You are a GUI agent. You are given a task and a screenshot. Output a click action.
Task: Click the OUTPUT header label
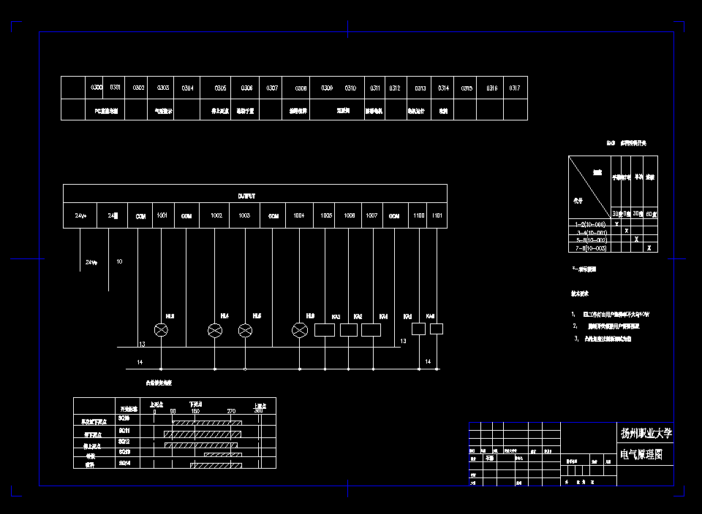click(x=246, y=196)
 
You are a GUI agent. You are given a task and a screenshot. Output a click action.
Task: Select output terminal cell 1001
click(x=162, y=216)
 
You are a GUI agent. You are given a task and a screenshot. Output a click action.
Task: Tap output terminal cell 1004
click(x=298, y=216)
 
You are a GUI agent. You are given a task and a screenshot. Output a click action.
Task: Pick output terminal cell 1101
click(x=437, y=216)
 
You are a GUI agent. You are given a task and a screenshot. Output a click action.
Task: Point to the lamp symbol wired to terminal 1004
click(x=299, y=331)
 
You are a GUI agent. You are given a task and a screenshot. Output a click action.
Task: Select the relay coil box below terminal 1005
click(x=324, y=330)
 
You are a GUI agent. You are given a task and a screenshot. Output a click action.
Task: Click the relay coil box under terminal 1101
click(x=437, y=329)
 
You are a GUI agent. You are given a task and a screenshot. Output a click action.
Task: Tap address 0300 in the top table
click(x=96, y=88)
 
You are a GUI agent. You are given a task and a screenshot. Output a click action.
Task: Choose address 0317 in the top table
click(x=515, y=88)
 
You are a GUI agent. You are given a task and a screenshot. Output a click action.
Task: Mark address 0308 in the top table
click(x=301, y=88)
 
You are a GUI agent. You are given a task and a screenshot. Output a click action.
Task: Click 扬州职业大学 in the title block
click(x=646, y=434)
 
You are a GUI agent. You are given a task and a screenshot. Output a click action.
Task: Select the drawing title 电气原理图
click(x=641, y=455)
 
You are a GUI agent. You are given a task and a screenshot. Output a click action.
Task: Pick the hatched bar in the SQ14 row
click(x=217, y=464)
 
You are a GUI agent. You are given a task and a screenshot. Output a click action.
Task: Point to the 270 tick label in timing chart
click(x=231, y=412)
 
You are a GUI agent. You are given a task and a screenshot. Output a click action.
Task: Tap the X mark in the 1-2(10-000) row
click(x=617, y=224)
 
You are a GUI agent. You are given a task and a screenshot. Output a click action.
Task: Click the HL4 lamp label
click(x=224, y=316)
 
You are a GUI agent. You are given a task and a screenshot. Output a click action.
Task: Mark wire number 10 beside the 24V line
click(x=119, y=261)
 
